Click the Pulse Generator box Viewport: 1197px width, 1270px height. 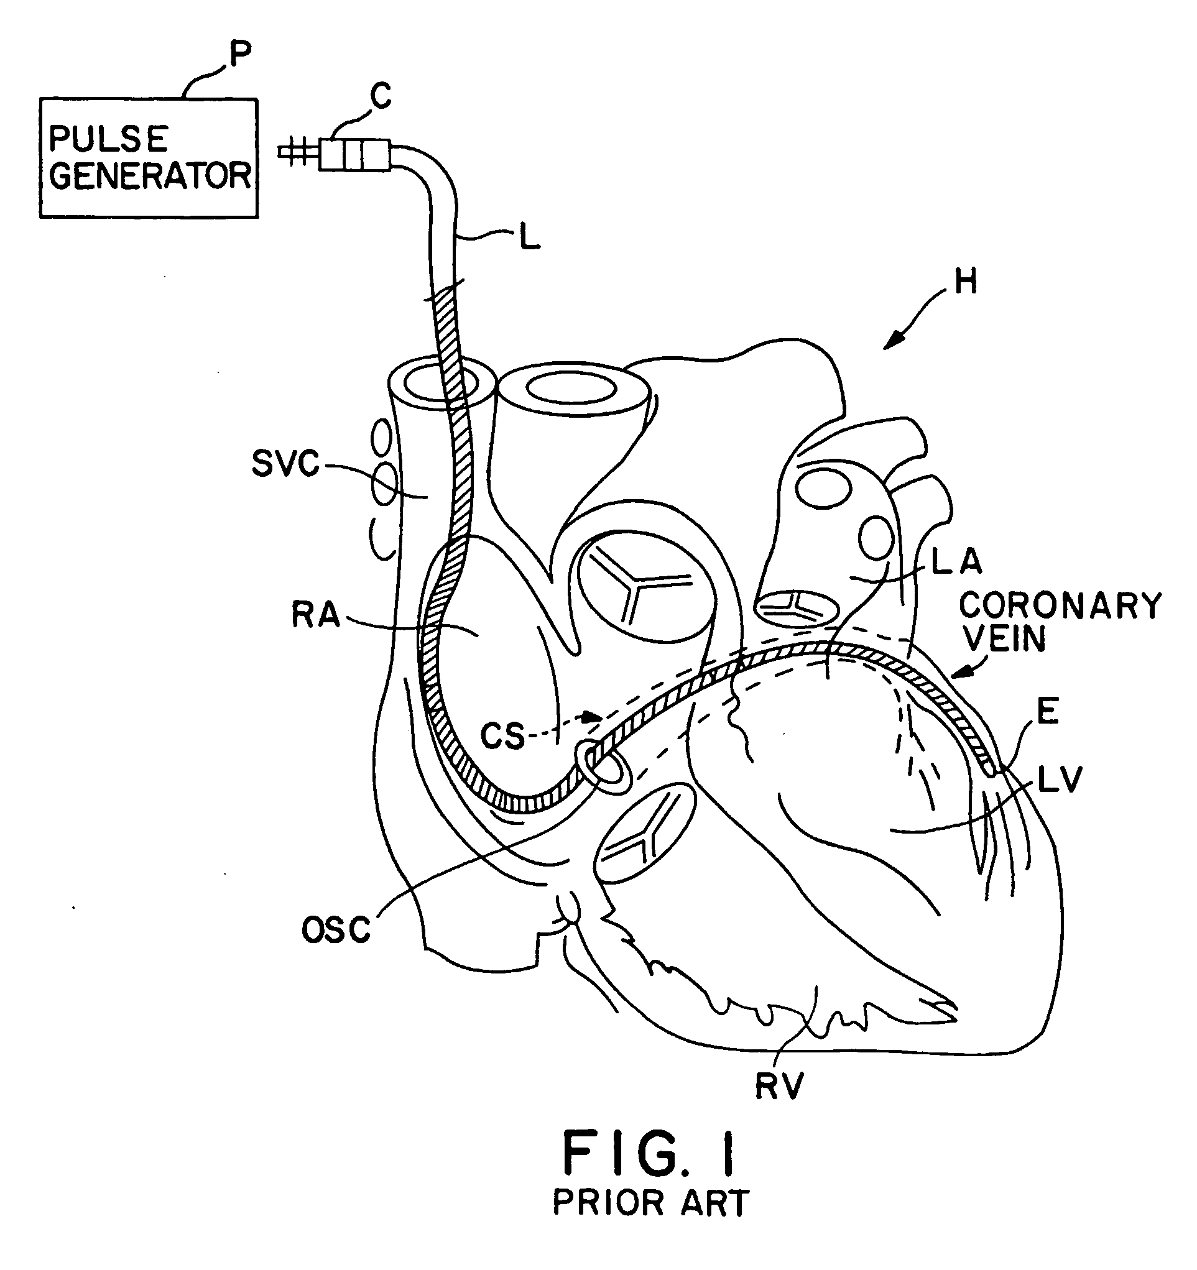[x=149, y=158]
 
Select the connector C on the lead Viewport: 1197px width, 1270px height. [x=354, y=154]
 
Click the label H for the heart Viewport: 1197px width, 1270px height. [x=966, y=281]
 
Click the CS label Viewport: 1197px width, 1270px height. [x=502, y=737]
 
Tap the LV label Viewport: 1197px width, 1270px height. [x=1060, y=780]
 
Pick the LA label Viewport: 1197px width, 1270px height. [x=956, y=562]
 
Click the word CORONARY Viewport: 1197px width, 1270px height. [x=1060, y=605]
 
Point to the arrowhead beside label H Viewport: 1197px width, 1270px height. [x=892, y=343]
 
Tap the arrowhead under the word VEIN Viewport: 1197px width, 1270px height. [x=957, y=673]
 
